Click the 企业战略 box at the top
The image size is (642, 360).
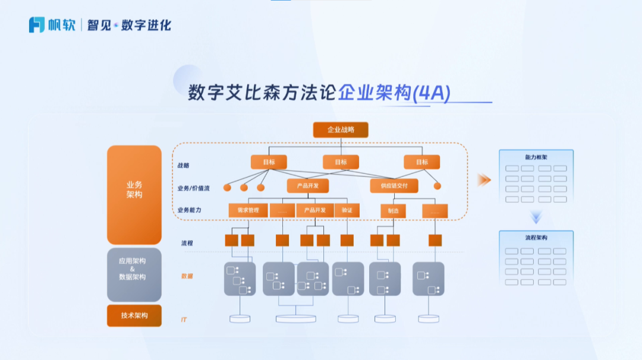click(x=341, y=130)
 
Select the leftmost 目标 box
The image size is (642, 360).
click(x=268, y=162)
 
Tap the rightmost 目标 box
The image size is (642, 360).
click(x=421, y=162)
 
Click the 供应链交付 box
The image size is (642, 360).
click(x=394, y=186)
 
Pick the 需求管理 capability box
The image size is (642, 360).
click(x=248, y=210)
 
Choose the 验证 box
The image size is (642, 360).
click(x=347, y=210)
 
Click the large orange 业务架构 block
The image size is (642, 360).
click(x=134, y=194)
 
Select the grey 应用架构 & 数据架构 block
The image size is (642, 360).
click(x=134, y=274)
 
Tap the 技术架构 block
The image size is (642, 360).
click(x=134, y=315)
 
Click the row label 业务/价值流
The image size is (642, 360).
click(x=193, y=188)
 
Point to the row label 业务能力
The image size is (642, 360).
click(x=189, y=210)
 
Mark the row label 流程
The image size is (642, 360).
click(x=187, y=243)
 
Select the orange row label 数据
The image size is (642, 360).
click(x=187, y=276)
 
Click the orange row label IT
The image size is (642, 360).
click(x=184, y=320)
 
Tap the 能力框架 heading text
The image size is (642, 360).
click(x=536, y=157)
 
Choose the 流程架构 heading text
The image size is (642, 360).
click(x=536, y=238)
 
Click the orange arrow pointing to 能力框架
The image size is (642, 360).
click(x=484, y=180)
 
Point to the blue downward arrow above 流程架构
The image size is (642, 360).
click(x=536, y=218)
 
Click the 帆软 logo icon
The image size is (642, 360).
click(x=37, y=25)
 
